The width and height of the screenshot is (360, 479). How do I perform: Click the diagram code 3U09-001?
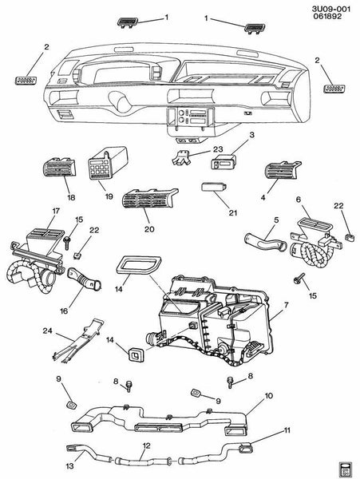331,9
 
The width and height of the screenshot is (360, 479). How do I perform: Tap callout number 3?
251,135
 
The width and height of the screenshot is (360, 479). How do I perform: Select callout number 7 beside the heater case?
286,305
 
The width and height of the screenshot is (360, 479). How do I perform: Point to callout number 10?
269,396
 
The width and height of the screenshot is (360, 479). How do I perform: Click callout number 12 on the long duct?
147,445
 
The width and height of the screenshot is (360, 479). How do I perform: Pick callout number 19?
109,196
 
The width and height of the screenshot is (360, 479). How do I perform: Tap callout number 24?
47,331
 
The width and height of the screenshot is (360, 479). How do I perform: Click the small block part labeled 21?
213,186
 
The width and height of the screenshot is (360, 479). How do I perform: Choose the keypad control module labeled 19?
107,164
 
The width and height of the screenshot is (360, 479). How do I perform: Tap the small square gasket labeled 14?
136,354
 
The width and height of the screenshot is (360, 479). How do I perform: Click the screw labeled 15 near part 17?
66,242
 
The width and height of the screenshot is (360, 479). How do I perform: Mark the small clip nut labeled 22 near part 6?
349,237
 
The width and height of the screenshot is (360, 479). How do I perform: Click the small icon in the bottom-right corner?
346,467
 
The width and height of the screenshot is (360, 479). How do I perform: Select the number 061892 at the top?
327,17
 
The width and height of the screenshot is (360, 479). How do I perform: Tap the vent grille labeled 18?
58,168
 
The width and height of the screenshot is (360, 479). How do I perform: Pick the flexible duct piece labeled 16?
85,278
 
